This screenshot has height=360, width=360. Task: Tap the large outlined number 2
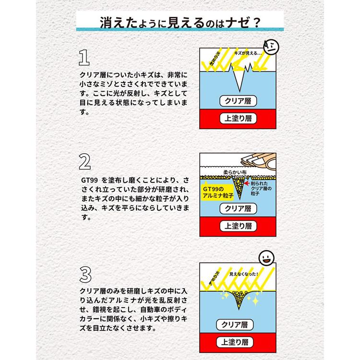coord(84,163)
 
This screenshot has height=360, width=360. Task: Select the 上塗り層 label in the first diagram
coord(239,119)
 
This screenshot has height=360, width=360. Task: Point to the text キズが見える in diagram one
coord(248,53)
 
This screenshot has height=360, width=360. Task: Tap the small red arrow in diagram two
coord(246,184)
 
